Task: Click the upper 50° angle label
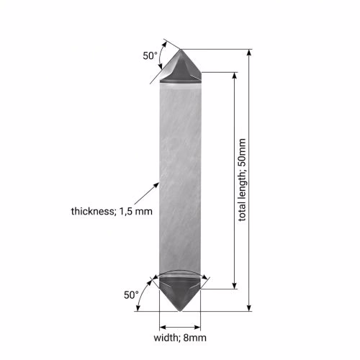tap(150, 55)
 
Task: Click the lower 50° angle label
tap(131, 295)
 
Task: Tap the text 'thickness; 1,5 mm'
tap(112, 212)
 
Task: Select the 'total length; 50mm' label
tap(243, 180)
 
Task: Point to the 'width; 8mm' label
tap(180, 338)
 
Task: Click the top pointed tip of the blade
tap(181, 50)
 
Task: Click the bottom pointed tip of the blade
tap(180, 311)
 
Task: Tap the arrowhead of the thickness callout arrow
tap(157, 185)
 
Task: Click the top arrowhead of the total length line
tap(249, 52)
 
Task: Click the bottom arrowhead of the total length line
tap(249, 308)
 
